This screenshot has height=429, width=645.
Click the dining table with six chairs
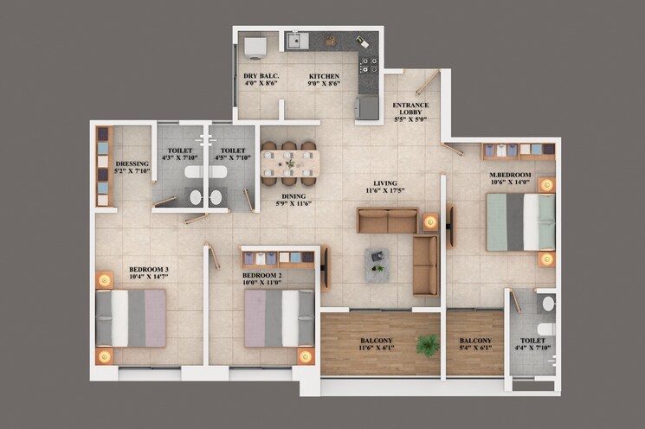(289, 163)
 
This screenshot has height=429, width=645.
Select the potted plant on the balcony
(426, 346)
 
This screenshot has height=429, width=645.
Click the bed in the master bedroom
(519, 222)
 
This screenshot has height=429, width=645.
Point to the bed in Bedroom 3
(131, 317)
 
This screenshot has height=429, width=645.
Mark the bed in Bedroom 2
(279, 317)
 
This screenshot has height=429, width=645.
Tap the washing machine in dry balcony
(255, 46)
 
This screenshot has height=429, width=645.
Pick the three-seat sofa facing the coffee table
(388, 221)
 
